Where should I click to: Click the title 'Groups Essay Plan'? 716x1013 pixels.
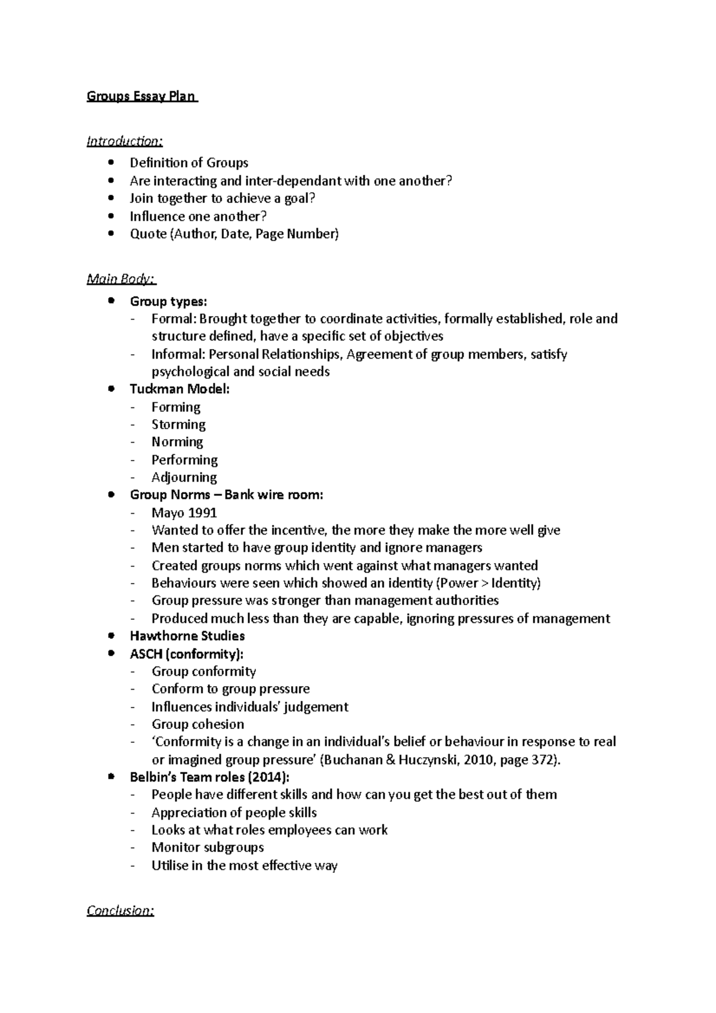141,96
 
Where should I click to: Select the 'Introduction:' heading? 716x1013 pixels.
124,141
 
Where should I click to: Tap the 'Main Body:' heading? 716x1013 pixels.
121,279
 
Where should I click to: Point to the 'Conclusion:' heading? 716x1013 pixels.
120,910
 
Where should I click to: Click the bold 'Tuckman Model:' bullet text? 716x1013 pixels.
180,389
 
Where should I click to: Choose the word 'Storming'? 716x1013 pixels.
178,424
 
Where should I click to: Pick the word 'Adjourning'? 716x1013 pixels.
184,477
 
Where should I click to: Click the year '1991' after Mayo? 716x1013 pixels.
202,512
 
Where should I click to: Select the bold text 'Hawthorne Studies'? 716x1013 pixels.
187,636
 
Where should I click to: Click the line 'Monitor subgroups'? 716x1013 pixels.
208,847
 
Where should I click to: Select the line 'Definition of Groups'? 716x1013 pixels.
189,163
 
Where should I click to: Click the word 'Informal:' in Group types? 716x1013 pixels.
178,354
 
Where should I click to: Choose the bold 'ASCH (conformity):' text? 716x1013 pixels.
187,654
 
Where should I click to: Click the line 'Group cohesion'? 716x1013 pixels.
197,724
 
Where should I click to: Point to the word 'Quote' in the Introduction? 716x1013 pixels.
148,234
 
